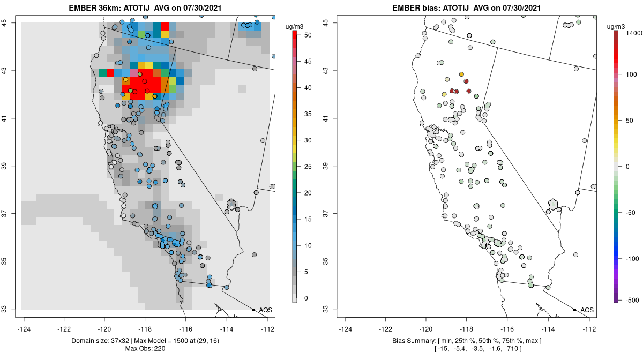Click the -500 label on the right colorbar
[627, 299]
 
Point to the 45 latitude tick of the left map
[11, 22]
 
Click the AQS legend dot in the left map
[253, 310]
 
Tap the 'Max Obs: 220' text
[147, 349]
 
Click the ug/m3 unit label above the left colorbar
[297, 25]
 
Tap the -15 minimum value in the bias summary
[443, 349]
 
